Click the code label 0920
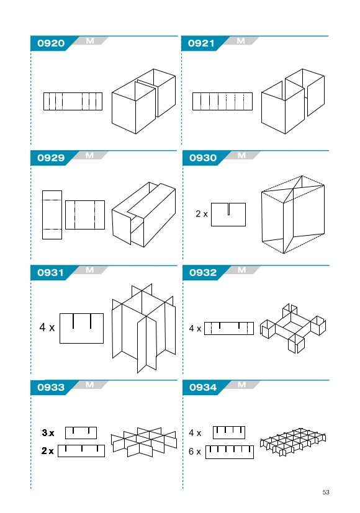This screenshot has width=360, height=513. [x=51, y=43]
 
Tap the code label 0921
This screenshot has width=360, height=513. [x=201, y=43]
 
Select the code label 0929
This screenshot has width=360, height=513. [x=51, y=158]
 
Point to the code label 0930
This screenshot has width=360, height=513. [x=203, y=158]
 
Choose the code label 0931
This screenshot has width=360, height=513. [x=50, y=272]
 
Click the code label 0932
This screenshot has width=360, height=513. [x=203, y=272]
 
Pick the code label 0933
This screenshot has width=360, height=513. [x=51, y=387]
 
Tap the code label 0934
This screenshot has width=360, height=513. [x=203, y=387]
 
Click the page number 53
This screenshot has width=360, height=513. [x=326, y=493]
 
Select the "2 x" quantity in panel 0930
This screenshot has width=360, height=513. [x=202, y=213]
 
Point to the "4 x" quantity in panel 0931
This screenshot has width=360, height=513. [x=47, y=327]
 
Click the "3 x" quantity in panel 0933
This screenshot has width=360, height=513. [x=48, y=433]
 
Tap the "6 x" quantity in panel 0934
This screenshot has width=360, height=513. [x=195, y=452]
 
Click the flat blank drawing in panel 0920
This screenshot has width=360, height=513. [x=73, y=102]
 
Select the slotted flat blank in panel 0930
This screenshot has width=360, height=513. [x=228, y=214]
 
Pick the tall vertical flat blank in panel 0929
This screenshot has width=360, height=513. [x=52, y=215]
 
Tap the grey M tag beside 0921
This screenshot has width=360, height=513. [x=241, y=41]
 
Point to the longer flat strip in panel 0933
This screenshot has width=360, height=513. [x=81, y=451]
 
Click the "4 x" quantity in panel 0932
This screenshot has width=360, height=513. [x=195, y=328]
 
